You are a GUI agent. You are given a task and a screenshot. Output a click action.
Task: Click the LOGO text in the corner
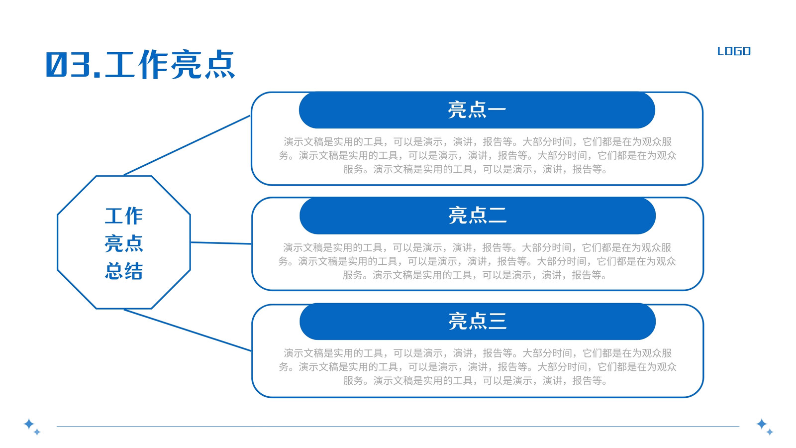(x=734, y=51)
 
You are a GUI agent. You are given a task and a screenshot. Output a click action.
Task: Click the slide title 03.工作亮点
(x=140, y=64)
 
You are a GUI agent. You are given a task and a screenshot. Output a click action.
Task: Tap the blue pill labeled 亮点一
(x=477, y=110)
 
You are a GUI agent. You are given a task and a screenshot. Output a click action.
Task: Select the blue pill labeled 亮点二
(x=478, y=216)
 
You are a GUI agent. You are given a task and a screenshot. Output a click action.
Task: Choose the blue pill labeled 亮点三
(x=478, y=321)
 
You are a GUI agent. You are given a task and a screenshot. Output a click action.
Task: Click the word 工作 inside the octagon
(x=124, y=216)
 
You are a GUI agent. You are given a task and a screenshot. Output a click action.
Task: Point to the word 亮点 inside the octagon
(x=124, y=243)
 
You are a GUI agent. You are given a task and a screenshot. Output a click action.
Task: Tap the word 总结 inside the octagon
(x=124, y=271)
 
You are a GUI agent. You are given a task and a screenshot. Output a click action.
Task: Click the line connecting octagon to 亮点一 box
(x=187, y=145)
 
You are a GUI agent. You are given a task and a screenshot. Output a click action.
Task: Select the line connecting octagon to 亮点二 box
(x=221, y=243)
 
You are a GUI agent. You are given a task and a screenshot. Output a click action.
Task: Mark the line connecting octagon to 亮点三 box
(x=188, y=331)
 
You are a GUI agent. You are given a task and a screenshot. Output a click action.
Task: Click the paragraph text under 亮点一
(x=477, y=155)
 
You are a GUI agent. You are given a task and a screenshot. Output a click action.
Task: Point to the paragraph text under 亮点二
(x=477, y=261)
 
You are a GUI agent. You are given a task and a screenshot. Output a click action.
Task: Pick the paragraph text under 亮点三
(x=477, y=366)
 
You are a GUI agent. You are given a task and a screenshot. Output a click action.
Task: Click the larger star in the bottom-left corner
(x=29, y=424)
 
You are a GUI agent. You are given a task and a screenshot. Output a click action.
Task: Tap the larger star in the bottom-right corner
(x=762, y=424)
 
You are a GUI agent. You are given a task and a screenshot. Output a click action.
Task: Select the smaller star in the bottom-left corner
(x=37, y=432)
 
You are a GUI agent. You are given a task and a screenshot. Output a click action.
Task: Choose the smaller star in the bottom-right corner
(x=770, y=432)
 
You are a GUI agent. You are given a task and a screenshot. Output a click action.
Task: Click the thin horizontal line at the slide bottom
(x=398, y=426)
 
